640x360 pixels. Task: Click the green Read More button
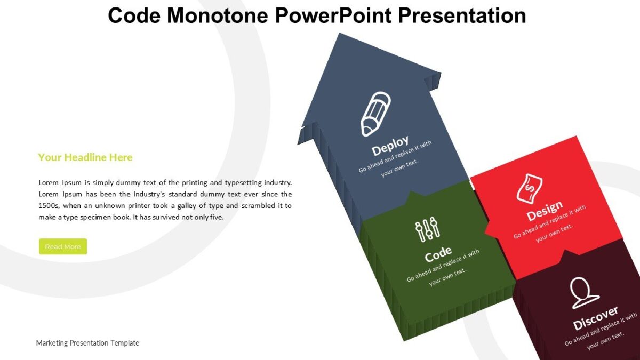coord(63,246)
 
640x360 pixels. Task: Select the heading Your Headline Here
coord(85,157)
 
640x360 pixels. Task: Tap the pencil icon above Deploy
coord(376,114)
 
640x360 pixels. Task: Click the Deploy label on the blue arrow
coord(390,145)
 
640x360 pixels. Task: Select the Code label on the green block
coord(438,255)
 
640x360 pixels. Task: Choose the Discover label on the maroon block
coord(596,318)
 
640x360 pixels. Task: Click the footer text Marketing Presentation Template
coord(87,343)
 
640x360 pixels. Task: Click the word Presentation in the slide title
coord(462,15)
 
